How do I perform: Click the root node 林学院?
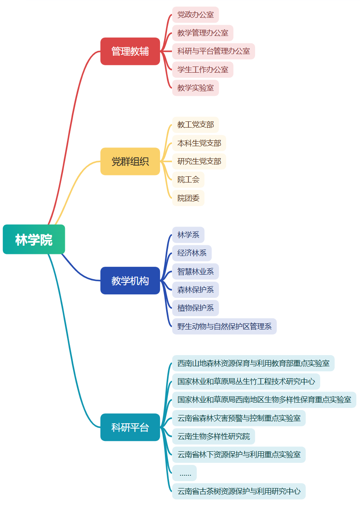34,239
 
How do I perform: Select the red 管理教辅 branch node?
130,51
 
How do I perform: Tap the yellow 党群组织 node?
130,161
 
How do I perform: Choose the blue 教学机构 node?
130,281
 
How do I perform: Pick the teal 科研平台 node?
130,427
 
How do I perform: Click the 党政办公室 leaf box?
195,15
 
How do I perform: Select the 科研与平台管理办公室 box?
214,51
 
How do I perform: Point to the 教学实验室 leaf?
195,88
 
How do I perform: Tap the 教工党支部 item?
195,125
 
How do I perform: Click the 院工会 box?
188,180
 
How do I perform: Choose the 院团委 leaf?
188,198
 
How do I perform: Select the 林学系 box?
188,235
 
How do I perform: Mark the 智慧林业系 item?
195,272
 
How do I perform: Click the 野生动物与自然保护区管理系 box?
224,327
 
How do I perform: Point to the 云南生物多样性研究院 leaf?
214,436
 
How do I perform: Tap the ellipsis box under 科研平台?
185,473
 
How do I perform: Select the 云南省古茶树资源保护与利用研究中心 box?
239,491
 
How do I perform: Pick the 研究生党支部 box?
199,161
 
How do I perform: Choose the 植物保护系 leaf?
195,308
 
